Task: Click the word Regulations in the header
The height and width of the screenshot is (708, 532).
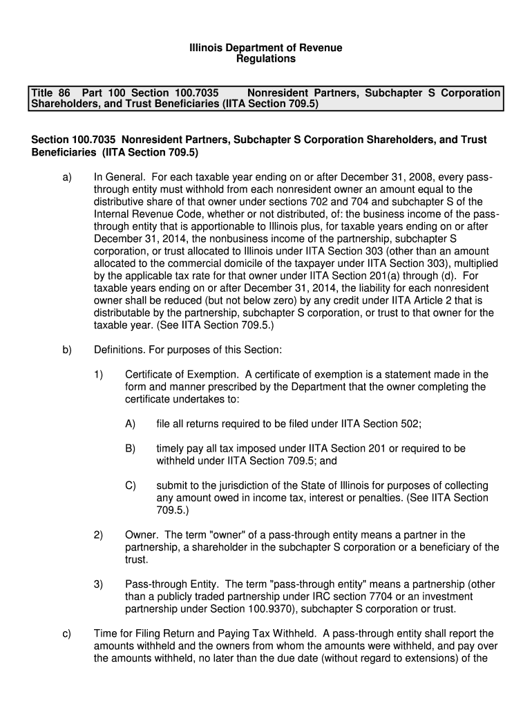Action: point(267,59)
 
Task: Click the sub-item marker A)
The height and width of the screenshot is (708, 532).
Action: point(130,424)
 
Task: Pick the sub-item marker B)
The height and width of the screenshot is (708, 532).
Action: point(130,449)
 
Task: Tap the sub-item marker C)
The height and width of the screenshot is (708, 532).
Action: point(130,485)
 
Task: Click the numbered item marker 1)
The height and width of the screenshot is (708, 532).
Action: point(98,375)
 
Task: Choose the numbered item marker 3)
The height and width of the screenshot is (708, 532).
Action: point(98,584)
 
